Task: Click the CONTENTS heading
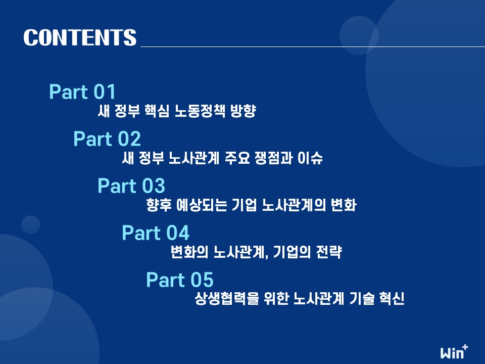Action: pos(80,37)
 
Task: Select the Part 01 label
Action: pos(82,92)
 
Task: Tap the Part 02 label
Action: pos(107,139)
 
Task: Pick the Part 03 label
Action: pos(131,186)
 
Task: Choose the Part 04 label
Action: pos(155,233)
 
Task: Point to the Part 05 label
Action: pos(180,280)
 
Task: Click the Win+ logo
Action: pos(454,352)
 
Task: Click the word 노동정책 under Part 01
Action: pos(200,111)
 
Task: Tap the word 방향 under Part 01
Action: pos(243,111)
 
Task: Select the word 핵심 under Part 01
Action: pos(157,111)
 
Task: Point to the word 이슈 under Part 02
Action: pos(310,158)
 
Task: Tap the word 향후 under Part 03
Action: pos(159,205)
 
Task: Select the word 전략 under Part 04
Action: pos(329,252)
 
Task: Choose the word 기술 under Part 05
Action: pos(362,299)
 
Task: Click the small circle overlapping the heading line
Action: pos(359,35)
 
